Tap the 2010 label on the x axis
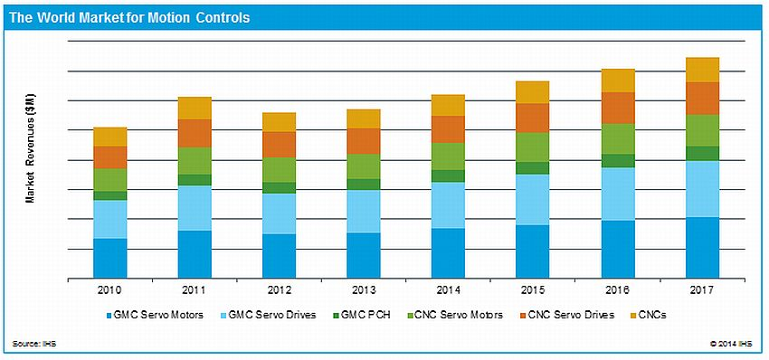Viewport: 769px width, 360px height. click(109, 289)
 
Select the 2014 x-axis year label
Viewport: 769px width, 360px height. click(448, 289)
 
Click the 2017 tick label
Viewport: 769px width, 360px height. click(701, 289)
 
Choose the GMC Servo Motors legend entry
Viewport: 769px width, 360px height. click(157, 315)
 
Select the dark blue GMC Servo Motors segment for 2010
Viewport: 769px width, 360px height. click(109, 258)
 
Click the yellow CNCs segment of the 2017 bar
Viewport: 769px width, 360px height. click(701, 70)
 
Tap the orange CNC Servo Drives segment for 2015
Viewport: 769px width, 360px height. click(532, 118)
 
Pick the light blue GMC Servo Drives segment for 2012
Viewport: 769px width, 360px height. click(279, 213)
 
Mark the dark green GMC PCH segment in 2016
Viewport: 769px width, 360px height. click(617, 161)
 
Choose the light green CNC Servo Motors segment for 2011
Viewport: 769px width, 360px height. click(195, 161)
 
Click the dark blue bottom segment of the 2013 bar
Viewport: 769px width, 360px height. click(363, 255)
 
